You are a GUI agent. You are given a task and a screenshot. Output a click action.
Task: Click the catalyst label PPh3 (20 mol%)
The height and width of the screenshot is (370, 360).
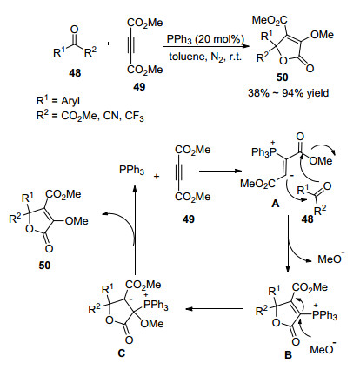click(205, 39)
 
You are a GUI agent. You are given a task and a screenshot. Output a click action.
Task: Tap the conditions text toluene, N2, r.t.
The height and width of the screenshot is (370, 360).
click(205, 57)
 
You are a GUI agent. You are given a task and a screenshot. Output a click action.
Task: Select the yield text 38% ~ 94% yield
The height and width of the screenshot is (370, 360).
click(289, 93)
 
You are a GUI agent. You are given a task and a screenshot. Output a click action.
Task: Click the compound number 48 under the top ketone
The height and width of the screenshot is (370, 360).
click(75, 73)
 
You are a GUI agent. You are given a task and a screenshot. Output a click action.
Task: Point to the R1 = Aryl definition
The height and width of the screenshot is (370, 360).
click(58, 101)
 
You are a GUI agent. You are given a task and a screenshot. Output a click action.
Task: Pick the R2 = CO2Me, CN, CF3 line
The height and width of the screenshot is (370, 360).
click(90, 116)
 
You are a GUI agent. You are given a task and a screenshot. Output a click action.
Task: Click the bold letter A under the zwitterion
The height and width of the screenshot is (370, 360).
click(275, 204)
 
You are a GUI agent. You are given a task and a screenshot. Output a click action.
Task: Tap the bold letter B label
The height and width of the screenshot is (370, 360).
click(288, 354)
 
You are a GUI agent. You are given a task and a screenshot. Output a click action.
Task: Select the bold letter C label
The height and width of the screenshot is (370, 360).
click(122, 353)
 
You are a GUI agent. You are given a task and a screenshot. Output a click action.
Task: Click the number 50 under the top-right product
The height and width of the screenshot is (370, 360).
click(282, 77)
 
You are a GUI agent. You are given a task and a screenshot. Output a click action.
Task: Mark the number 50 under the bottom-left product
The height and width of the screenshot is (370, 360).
click(44, 265)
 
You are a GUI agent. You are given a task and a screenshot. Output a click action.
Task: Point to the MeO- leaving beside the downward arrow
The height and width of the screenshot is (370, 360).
click(331, 259)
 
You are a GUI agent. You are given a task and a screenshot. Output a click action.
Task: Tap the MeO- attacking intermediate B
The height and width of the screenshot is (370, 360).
click(323, 348)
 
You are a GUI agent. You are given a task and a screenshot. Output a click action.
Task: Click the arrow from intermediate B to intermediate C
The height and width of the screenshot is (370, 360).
click(214, 308)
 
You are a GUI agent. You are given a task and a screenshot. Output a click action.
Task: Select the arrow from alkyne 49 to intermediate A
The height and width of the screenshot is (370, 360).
click(223, 171)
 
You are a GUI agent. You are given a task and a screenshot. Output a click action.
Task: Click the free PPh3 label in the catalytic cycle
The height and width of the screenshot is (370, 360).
click(131, 171)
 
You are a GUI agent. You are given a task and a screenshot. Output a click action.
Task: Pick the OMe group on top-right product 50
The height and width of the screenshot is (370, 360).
click(322, 35)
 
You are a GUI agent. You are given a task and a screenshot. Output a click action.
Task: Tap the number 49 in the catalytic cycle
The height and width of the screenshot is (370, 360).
click(189, 219)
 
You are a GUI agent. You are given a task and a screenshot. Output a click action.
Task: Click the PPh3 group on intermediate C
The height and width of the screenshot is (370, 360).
click(156, 305)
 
